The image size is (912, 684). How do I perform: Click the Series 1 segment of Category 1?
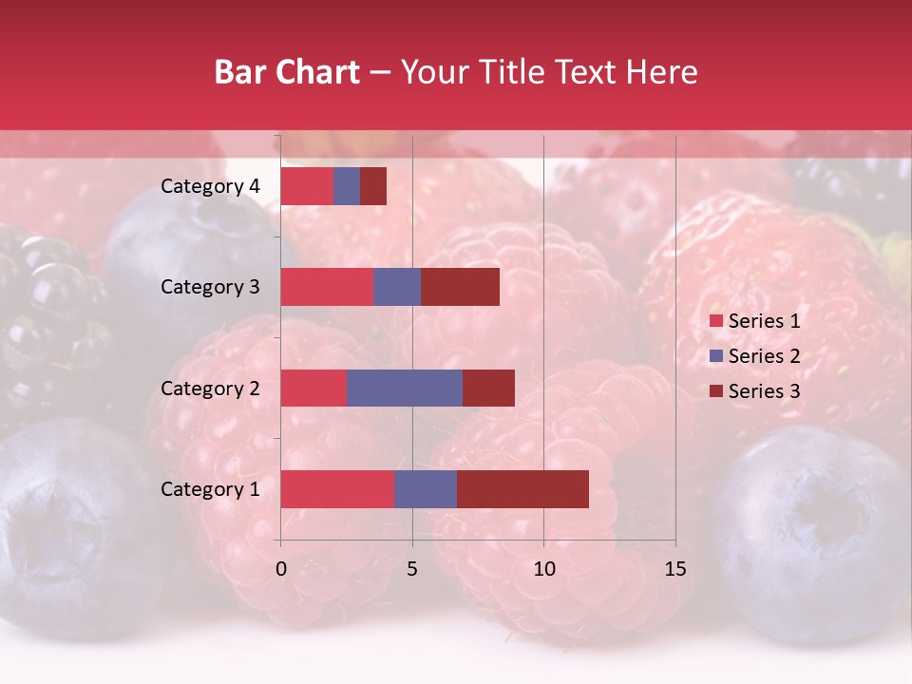[x=337, y=489]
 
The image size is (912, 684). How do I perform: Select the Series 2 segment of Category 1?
[x=426, y=489]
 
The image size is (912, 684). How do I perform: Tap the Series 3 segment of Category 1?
[x=522, y=489]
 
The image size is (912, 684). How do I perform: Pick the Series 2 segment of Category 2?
[x=405, y=388]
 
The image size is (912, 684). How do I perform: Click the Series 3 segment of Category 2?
[x=488, y=388]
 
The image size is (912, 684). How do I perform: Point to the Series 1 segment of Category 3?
[x=327, y=287]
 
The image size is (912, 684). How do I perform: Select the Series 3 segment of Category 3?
[x=460, y=287]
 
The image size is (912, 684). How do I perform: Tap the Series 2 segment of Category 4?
[x=347, y=186]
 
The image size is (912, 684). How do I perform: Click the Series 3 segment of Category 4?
[x=373, y=186]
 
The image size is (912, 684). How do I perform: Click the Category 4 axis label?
[x=210, y=186]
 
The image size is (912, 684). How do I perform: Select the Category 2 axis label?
[x=210, y=388]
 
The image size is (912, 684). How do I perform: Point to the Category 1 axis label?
[x=210, y=489]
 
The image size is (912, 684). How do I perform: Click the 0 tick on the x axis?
[x=281, y=569]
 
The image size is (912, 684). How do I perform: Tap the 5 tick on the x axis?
[x=412, y=569]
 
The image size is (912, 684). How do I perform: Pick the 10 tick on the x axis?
[x=543, y=569]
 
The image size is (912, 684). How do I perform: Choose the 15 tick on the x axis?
[x=674, y=569]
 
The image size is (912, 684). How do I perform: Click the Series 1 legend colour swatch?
[x=715, y=321]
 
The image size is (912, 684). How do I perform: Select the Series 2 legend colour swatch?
[x=715, y=356]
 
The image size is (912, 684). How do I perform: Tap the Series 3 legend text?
[x=764, y=391]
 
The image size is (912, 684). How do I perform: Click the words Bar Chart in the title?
[x=287, y=72]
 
